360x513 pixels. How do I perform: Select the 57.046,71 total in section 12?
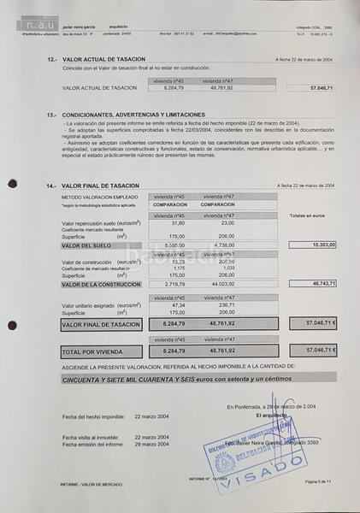click(316, 88)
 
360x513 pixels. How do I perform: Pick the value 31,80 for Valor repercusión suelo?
click(178, 223)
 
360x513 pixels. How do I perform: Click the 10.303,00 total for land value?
click(317, 244)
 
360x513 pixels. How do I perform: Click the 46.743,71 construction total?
click(317, 282)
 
